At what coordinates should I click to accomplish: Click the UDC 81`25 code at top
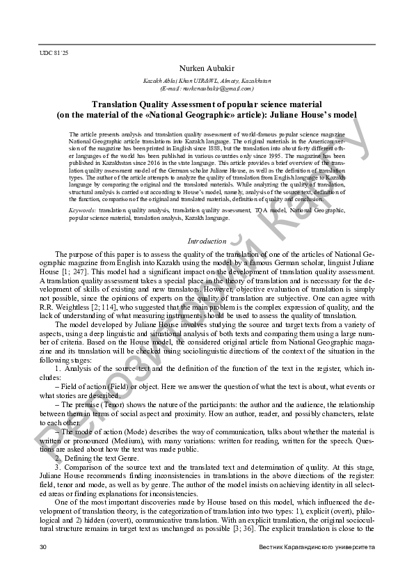[54, 52]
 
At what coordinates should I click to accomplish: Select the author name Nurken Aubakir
[207, 69]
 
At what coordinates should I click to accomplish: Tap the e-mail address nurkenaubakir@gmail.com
[207, 88]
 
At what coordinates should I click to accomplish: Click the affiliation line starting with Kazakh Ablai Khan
[207, 81]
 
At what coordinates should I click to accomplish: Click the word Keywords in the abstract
[83, 209]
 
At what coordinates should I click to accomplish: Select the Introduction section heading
[207, 241]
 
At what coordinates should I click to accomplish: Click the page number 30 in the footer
[44, 548]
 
